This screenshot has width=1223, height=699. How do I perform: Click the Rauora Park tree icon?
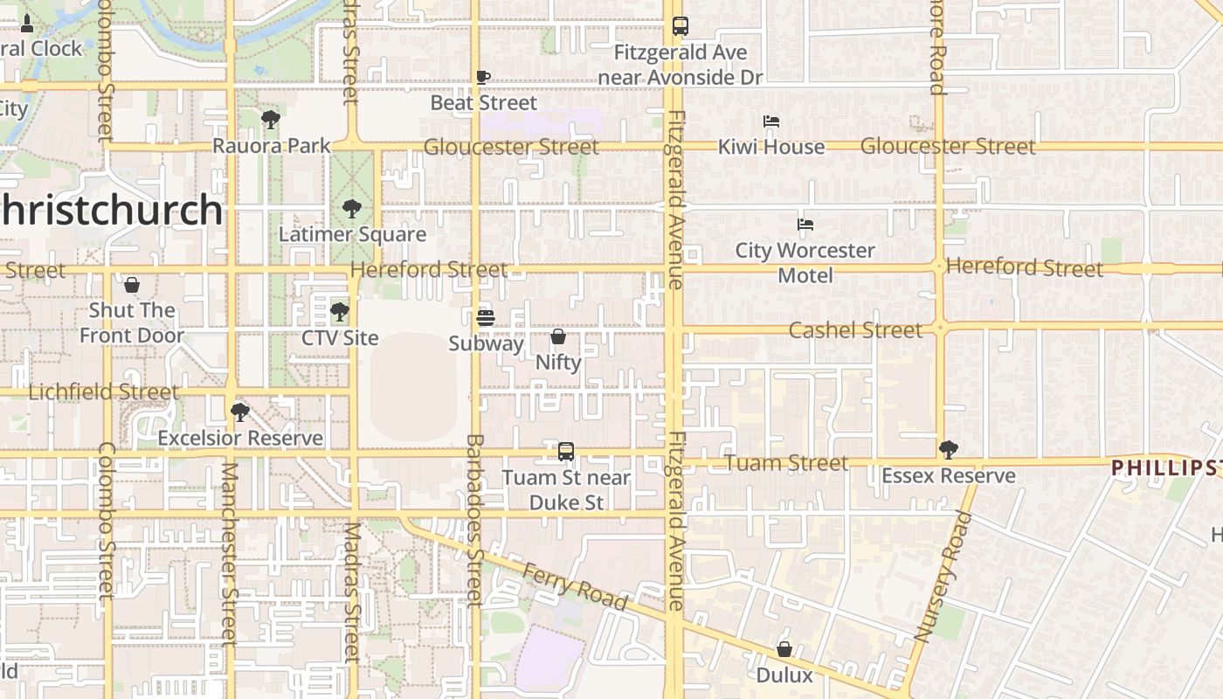(271, 120)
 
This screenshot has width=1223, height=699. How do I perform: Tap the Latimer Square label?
(352, 234)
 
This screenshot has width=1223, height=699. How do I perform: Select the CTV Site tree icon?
(340, 312)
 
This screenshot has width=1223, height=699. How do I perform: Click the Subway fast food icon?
(486, 318)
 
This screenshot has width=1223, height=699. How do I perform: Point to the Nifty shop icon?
(558, 336)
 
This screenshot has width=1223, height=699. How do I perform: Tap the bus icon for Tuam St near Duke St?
(566, 452)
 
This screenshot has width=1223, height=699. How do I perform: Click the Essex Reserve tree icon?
(948, 450)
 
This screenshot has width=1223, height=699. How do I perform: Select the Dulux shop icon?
(784, 649)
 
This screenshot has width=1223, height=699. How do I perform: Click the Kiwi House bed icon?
(770, 121)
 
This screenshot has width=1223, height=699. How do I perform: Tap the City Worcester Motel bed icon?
(805, 225)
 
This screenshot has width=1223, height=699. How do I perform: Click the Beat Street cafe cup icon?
(483, 77)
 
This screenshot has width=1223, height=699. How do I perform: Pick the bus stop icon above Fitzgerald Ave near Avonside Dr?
(681, 26)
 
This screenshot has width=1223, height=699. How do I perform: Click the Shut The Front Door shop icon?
(132, 285)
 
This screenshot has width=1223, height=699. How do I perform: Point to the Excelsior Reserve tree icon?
(239, 412)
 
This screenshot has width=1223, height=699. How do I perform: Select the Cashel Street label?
(855, 330)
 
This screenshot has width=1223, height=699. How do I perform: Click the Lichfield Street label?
(104, 391)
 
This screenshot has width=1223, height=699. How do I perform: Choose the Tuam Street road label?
(786, 463)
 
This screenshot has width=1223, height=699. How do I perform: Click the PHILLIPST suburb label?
(1166, 468)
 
